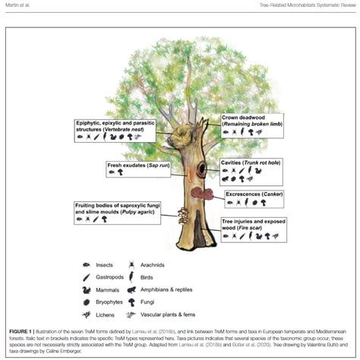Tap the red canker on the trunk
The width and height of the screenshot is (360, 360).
click(200, 194)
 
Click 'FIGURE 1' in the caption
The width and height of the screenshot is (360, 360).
click(24, 330)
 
